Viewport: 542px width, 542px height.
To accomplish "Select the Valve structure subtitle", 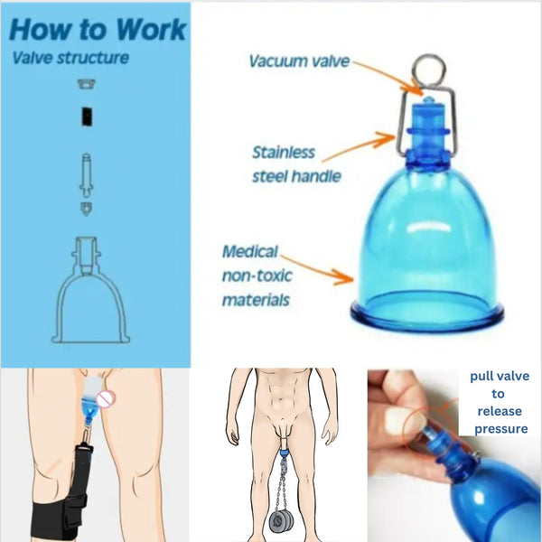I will coord(70,59).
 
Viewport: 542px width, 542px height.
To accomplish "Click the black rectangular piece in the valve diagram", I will coord(89,117).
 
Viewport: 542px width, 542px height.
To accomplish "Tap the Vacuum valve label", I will coord(299,61).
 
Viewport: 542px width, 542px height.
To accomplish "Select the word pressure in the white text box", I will coord(499,429).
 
